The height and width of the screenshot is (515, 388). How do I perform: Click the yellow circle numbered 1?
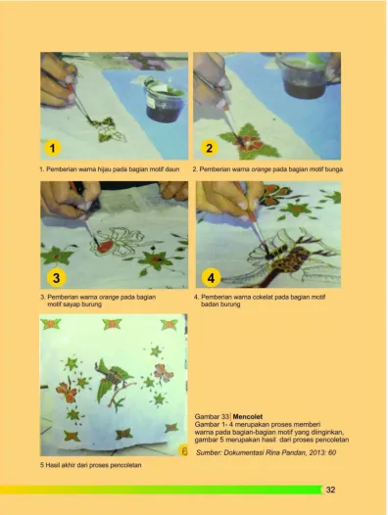click(52, 148)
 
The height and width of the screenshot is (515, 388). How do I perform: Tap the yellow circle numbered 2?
click(209, 148)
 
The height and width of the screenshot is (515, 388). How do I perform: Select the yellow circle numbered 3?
click(56, 277)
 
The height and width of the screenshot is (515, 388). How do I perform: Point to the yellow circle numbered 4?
click(211, 277)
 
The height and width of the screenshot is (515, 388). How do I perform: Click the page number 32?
click(330, 490)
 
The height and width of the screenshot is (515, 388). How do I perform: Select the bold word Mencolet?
click(248, 417)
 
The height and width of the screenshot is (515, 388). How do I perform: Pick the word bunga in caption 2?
click(334, 169)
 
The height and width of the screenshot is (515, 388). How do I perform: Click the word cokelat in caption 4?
click(263, 297)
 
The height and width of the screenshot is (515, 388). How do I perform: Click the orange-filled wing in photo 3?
click(105, 246)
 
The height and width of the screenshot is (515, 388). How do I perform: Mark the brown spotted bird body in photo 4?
click(290, 257)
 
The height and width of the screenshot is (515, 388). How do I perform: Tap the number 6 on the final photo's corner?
click(184, 451)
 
